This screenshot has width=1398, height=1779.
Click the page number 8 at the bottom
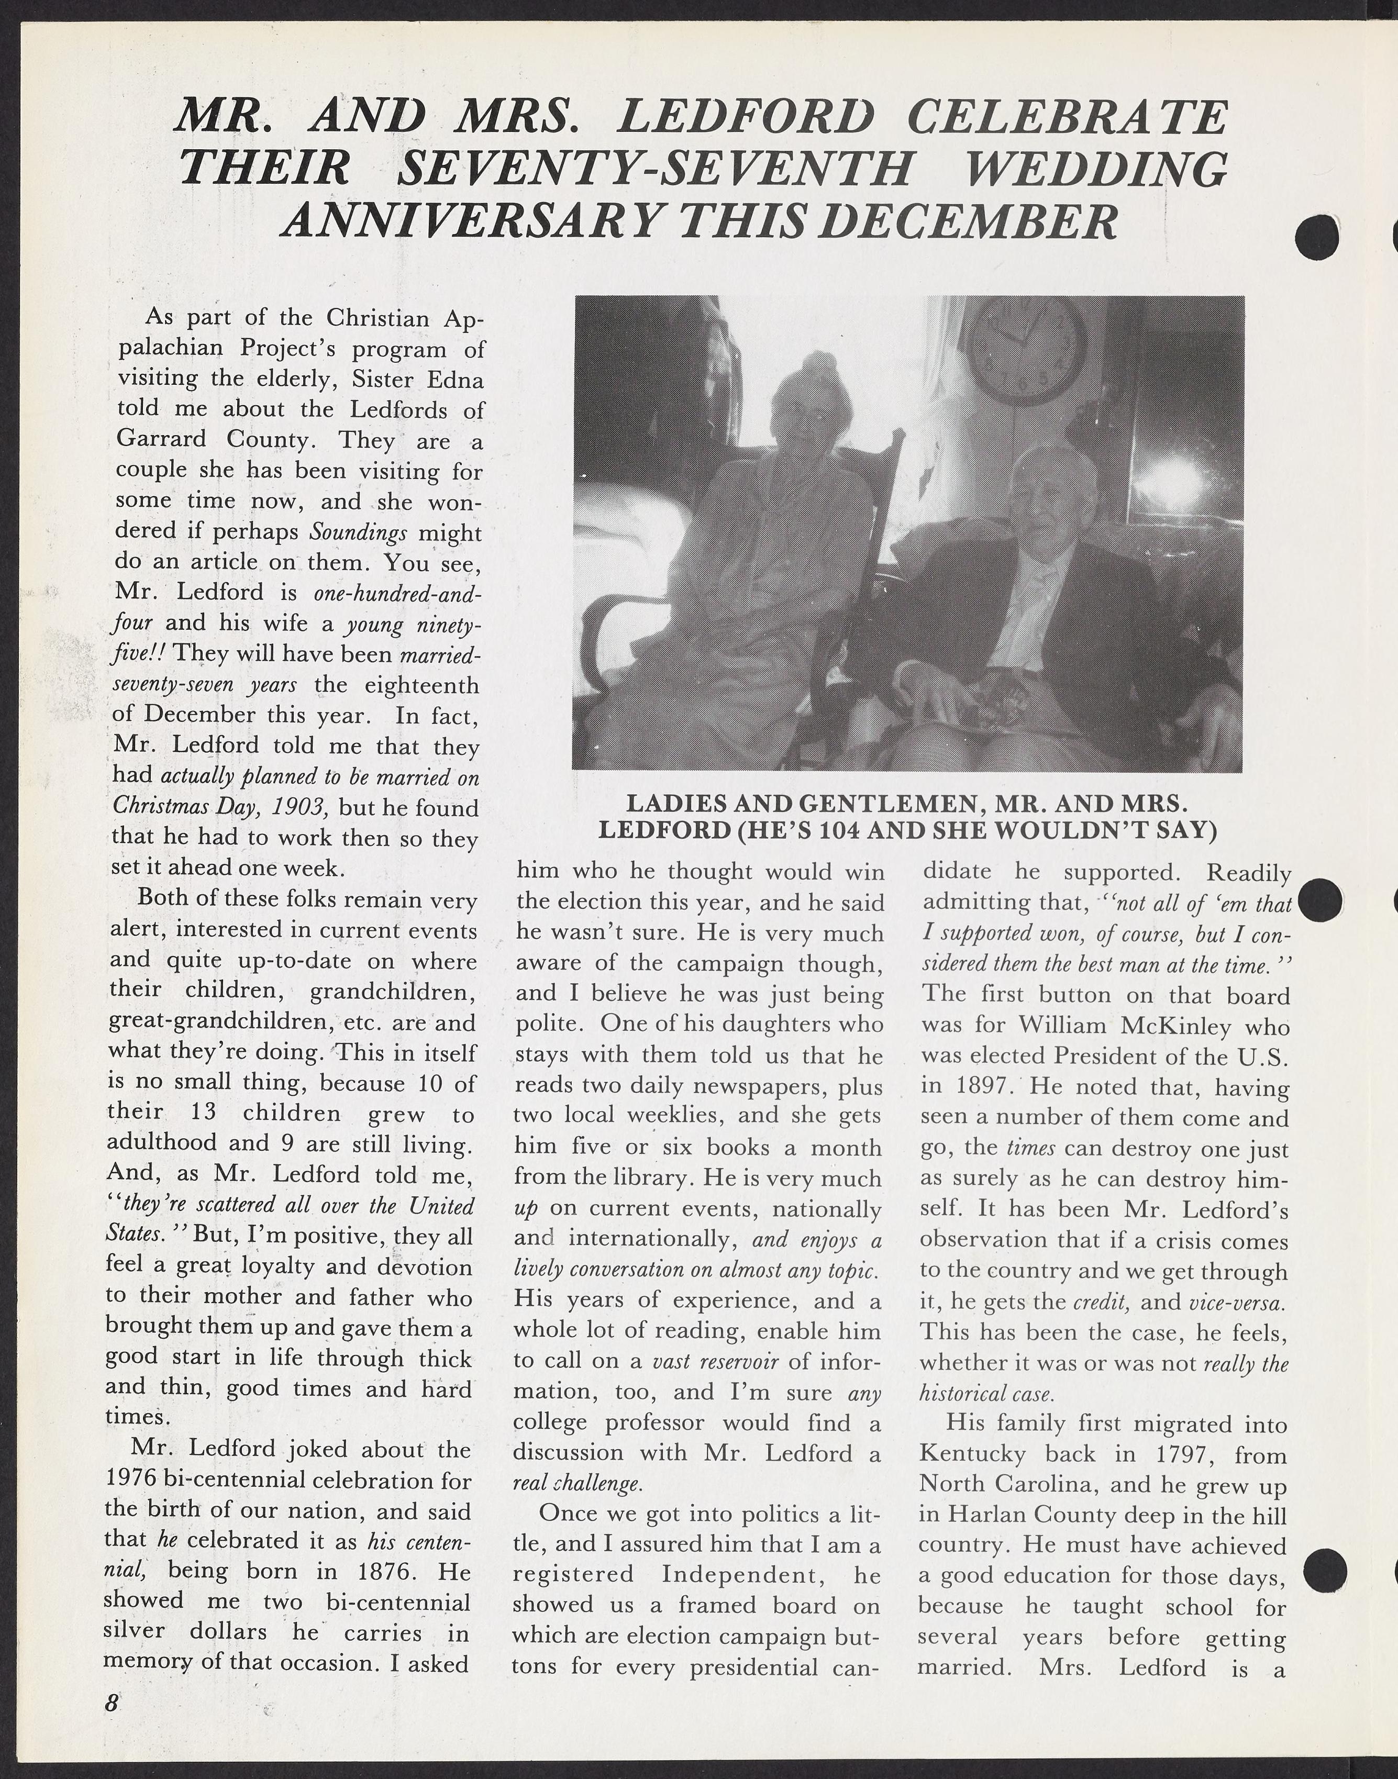[112, 1703]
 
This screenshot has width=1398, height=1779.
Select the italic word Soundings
[359, 533]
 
